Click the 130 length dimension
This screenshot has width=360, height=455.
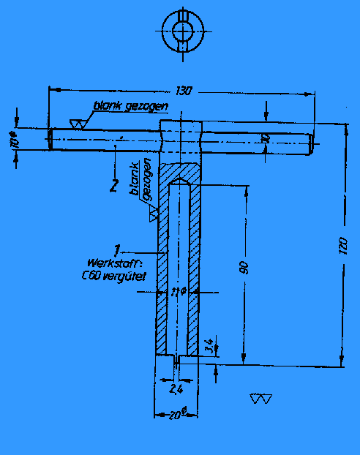coord(184,91)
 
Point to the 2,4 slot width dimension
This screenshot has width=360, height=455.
coord(176,389)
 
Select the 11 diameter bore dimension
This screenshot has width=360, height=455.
coord(176,292)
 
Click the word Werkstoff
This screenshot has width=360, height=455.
coord(110,263)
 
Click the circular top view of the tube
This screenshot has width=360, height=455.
coord(180,31)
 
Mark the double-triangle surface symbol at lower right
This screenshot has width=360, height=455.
coord(260,399)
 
